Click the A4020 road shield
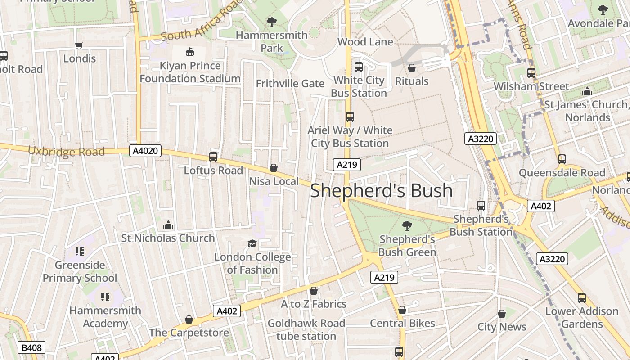tap(145, 151)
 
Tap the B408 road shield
tap(31, 347)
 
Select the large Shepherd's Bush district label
tap(381, 190)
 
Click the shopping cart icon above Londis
tap(79, 45)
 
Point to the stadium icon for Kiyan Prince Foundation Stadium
tap(189, 52)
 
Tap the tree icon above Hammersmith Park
tap(271, 22)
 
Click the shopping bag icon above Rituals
tap(411, 68)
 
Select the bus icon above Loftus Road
tap(213, 157)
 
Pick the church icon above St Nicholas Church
tap(168, 225)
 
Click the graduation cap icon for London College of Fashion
tap(252, 243)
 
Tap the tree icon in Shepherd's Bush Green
tap(407, 225)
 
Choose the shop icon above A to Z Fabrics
tap(314, 291)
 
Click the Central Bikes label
tap(402, 323)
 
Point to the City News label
tap(502, 327)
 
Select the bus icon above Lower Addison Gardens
tap(581, 297)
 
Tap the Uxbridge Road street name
tap(67, 151)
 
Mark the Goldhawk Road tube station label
tap(306, 329)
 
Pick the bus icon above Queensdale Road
tap(562, 159)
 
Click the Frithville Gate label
tap(290, 84)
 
